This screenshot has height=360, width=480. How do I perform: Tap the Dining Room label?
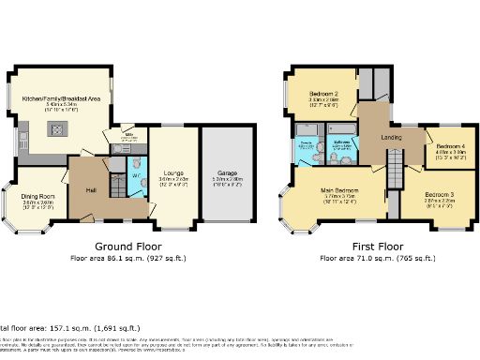tap(37, 196)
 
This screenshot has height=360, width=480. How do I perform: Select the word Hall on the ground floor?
tap(92, 189)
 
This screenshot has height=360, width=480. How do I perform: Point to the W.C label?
tap(135, 174)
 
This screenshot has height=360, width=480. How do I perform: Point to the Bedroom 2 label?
tap(324, 94)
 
